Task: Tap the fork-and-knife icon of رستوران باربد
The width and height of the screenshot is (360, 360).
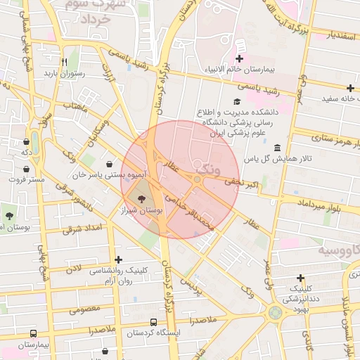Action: (63, 61)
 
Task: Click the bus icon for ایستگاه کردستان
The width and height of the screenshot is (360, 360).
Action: (154, 323)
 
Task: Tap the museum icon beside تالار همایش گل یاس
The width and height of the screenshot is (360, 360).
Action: (277, 148)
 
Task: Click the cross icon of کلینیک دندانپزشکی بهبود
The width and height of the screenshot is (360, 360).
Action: (301, 278)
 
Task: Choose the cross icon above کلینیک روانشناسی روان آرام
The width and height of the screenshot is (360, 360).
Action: (117, 259)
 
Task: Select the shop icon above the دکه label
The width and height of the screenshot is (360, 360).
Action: (26, 142)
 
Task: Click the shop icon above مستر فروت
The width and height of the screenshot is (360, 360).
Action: (26, 169)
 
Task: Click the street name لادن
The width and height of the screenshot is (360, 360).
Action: (72, 269)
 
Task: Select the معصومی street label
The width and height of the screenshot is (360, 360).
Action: (85, 308)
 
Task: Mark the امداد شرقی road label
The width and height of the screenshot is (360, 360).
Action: (82, 229)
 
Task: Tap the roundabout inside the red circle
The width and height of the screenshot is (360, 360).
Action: (198, 180)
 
